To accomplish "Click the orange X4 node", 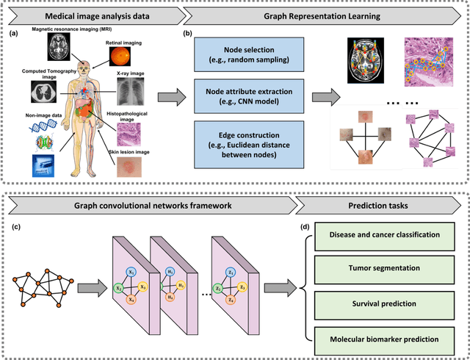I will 131,298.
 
